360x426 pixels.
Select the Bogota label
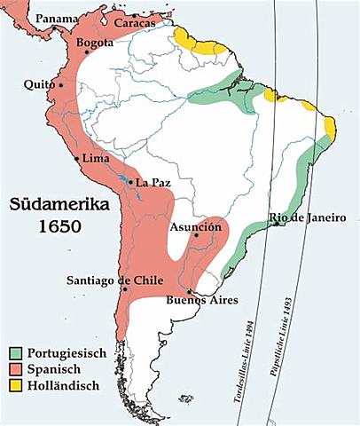coord(96,43)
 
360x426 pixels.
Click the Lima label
coord(94,158)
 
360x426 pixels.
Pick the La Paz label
coord(153,183)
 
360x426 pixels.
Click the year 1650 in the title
coord(59,227)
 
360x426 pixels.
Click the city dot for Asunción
coord(196,239)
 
